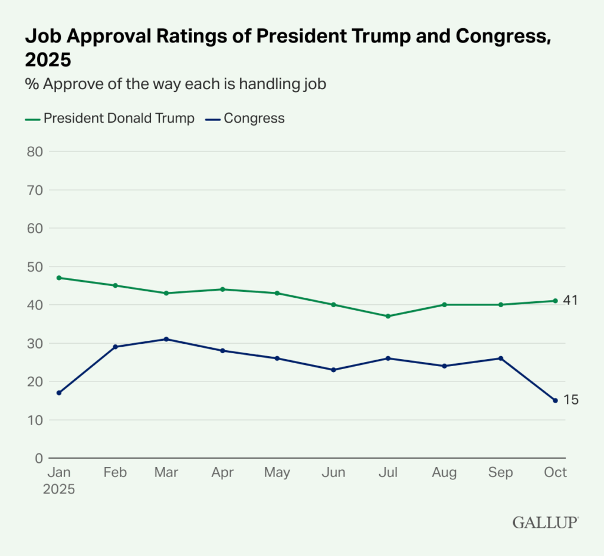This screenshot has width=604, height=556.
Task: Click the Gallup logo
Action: (x=545, y=522)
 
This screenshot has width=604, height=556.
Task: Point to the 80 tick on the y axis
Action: (x=35, y=152)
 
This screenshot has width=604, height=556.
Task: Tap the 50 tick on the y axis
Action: (x=35, y=267)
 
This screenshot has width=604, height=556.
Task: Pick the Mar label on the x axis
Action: (x=166, y=473)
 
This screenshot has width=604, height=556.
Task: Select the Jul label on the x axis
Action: (x=388, y=473)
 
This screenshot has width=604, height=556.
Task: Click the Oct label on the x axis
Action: (x=555, y=473)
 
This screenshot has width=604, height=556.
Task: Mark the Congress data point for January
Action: (x=59, y=393)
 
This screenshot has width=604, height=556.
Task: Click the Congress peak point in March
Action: (x=166, y=339)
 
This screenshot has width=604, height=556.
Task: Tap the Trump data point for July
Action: (x=388, y=316)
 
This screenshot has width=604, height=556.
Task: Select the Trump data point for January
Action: (x=59, y=278)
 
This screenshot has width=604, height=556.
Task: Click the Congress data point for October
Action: (x=555, y=400)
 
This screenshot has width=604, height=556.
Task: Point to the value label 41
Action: (x=570, y=301)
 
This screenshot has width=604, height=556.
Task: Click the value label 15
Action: (x=570, y=400)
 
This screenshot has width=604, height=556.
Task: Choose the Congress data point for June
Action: (x=333, y=370)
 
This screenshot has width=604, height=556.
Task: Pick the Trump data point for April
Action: (x=222, y=289)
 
